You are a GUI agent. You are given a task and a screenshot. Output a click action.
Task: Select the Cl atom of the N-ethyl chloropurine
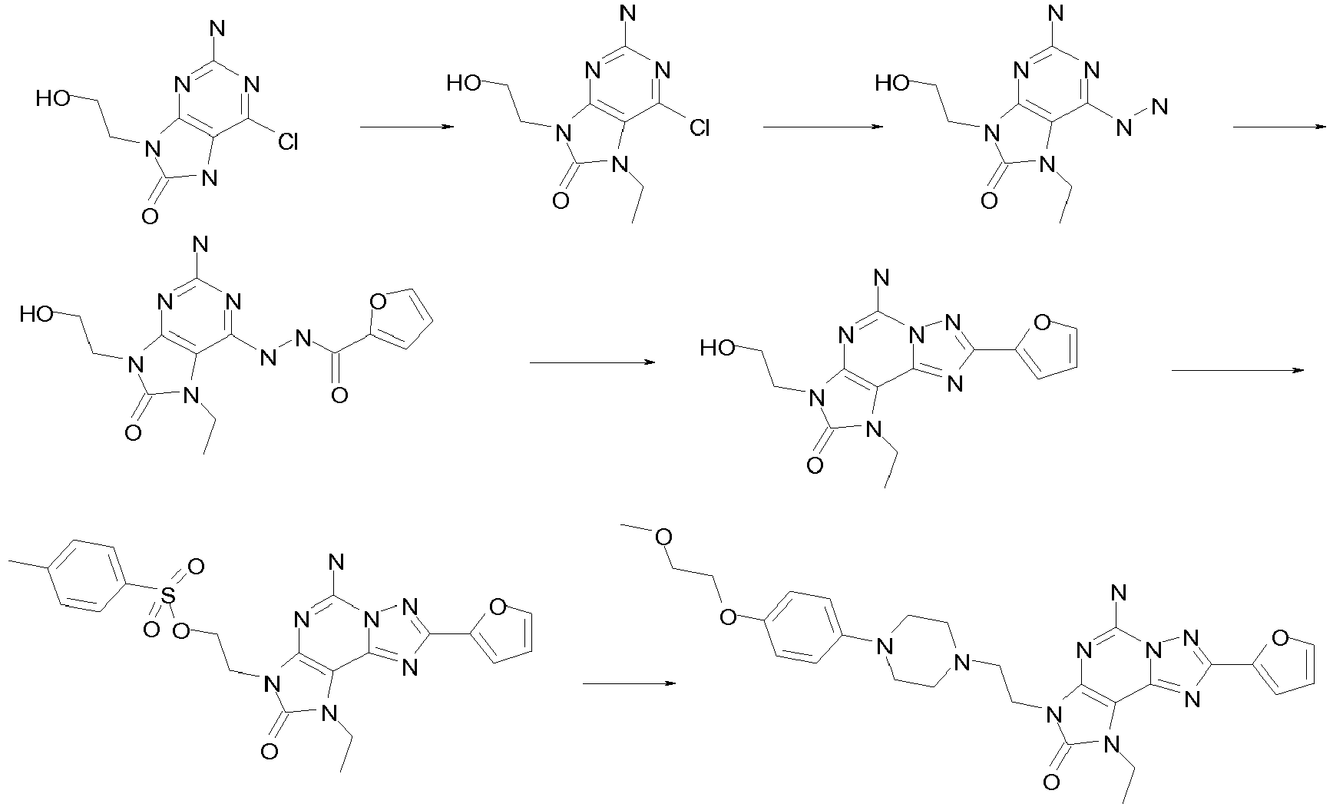click(700, 127)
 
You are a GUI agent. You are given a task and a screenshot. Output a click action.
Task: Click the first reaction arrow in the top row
click(405, 127)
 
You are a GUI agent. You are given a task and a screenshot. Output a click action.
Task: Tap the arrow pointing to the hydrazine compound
click(822, 127)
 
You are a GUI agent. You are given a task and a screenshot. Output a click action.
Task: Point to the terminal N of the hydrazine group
click(1160, 107)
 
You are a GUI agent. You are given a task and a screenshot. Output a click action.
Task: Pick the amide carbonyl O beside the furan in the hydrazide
click(339, 395)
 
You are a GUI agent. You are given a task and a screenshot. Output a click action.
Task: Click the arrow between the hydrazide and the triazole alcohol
click(592, 362)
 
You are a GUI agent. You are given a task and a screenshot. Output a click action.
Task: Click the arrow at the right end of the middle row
click(1238, 370)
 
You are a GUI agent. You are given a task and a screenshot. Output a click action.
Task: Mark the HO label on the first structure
click(52, 98)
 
